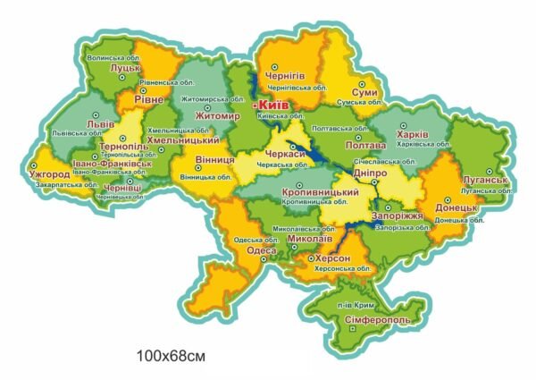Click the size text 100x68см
tap(172, 356)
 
